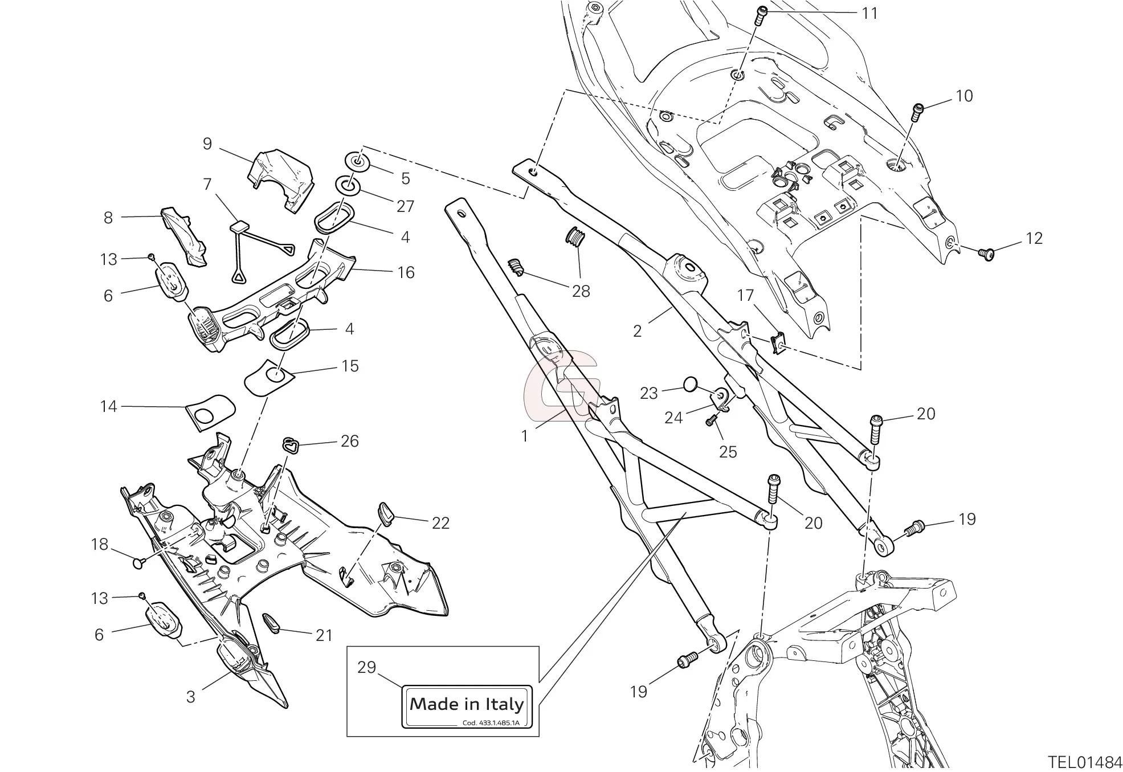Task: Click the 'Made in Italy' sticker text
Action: [x=467, y=704]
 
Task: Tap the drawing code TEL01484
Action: [x=1085, y=762]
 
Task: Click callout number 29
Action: [x=367, y=667]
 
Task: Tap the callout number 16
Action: [x=406, y=272]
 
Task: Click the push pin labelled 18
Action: [x=138, y=563]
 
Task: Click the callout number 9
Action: [x=207, y=144]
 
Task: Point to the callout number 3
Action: [x=190, y=696]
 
